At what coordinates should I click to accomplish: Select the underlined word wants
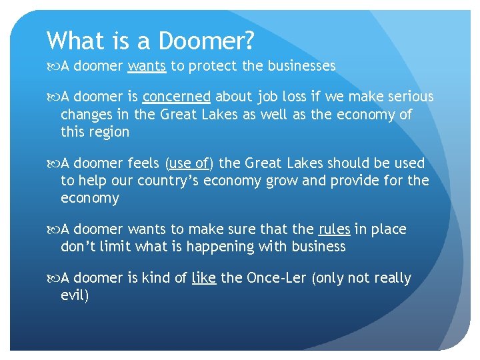point(147,66)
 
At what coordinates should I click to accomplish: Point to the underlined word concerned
point(176,97)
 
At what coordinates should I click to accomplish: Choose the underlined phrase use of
point(191,163)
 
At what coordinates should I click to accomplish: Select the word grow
point(256,181)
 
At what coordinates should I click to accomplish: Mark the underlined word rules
point(334,229)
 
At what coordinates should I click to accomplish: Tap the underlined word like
point(203,278)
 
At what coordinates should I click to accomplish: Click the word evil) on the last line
point(75,295)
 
